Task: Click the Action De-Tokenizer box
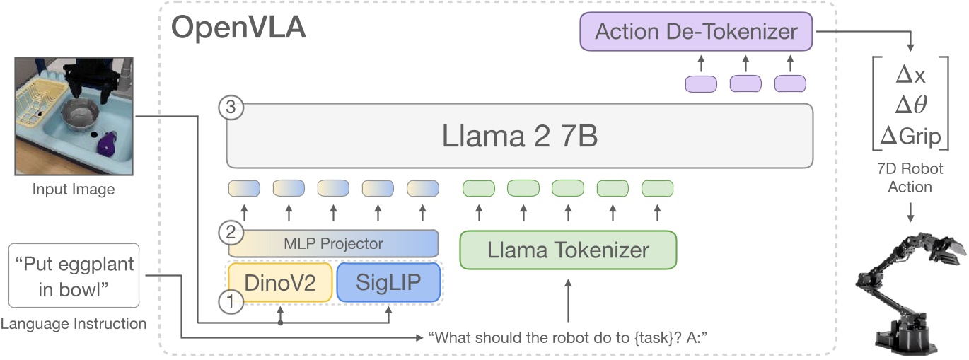point(696,32)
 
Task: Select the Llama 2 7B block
point(519,136)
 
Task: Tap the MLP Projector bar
point(333,243)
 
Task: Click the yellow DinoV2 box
point(279,282)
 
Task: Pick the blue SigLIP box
point(388,282)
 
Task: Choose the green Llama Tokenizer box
point(568,250)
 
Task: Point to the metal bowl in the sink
point(79,114)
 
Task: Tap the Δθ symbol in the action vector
point(910,105)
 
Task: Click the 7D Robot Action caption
point(910,178)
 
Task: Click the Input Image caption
point(74,189)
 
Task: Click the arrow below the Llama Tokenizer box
point(568,298)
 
